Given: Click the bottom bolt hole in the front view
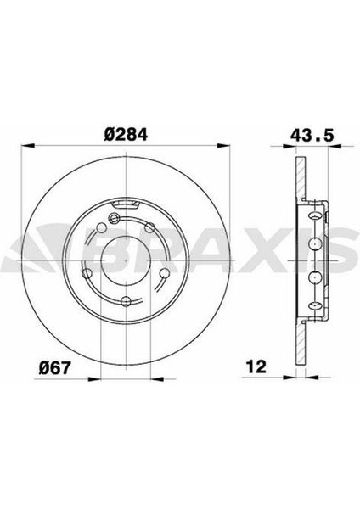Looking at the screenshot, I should tap(127, 300).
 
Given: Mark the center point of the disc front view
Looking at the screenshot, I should tap(126, 260).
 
